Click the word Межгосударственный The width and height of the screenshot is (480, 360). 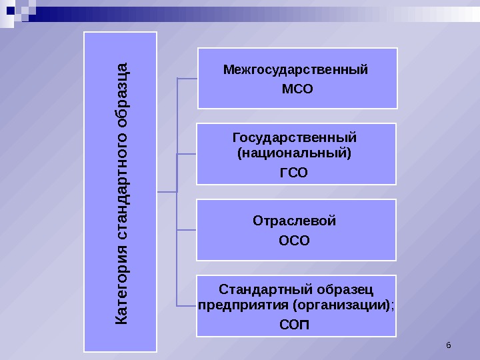tap(295, 69)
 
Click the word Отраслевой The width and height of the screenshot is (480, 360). tap(295, 221)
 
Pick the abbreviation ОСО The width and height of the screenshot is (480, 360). tap(295, 241)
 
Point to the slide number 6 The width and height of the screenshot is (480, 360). tap(448, 345)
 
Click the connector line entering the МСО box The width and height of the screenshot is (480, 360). tap(187, 78)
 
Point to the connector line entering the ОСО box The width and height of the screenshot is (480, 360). tap(186, 230)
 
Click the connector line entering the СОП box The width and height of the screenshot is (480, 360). tap(186, 306)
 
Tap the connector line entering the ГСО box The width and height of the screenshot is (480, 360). tap(186, 154)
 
